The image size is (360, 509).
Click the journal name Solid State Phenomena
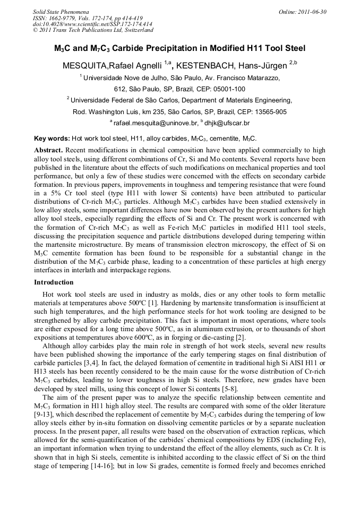(61, 12)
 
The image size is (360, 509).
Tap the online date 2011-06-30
(312, 12)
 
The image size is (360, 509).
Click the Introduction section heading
(54, 282)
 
